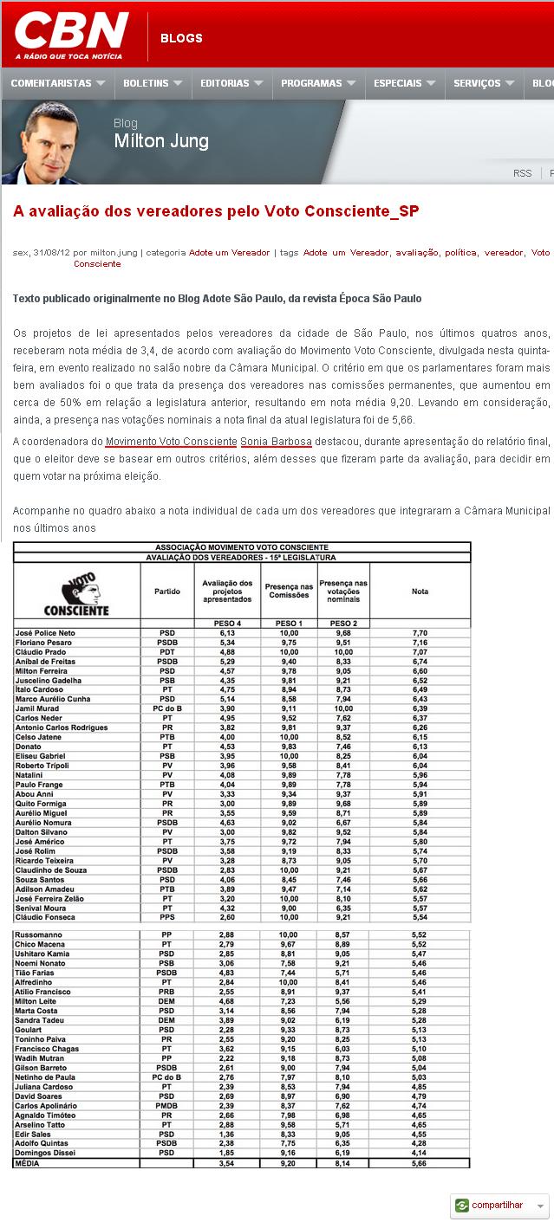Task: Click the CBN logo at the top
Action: click(72, 36)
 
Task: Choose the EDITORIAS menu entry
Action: click(225, 83)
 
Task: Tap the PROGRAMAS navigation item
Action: click(311, 83)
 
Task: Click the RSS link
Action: click(522, 173)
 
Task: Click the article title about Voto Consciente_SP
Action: click(216, 211)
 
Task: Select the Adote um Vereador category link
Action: click(229, 253)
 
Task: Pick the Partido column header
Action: click(166, 592)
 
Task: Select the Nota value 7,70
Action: click(420, 633)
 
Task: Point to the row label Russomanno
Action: click(38, 934)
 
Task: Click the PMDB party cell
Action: click(166, 1106)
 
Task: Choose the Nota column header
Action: click(420, 592)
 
